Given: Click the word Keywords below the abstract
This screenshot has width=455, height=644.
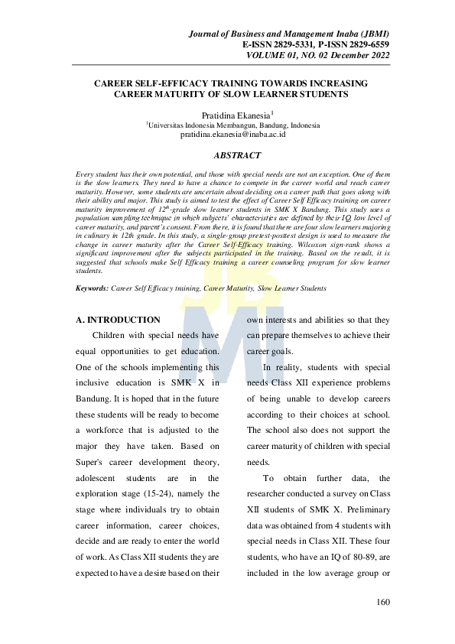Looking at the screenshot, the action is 92,288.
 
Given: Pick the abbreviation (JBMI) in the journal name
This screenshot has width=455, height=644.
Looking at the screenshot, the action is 370,34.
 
